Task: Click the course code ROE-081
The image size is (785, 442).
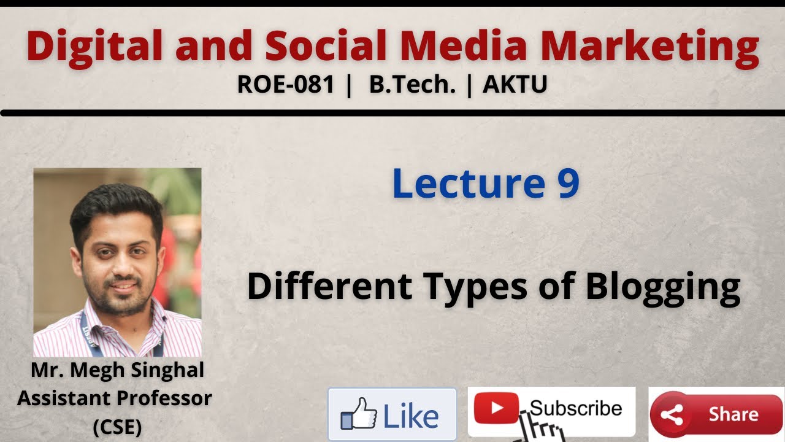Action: (286, 85)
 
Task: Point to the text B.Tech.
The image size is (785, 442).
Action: (412, 85)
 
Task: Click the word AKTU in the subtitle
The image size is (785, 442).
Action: (515, 85)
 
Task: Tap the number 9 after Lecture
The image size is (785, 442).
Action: (568, 184)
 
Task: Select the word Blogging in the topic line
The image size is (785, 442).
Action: (662, 287)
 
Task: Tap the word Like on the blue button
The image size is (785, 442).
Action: (411, 416)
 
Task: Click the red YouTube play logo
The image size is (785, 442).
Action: (496, 408)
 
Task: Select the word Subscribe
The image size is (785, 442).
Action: (576, 408)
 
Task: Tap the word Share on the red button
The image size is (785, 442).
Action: (733, 414)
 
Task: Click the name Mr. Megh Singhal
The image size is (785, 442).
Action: (117, 370)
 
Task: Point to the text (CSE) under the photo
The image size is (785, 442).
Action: (117, 427)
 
